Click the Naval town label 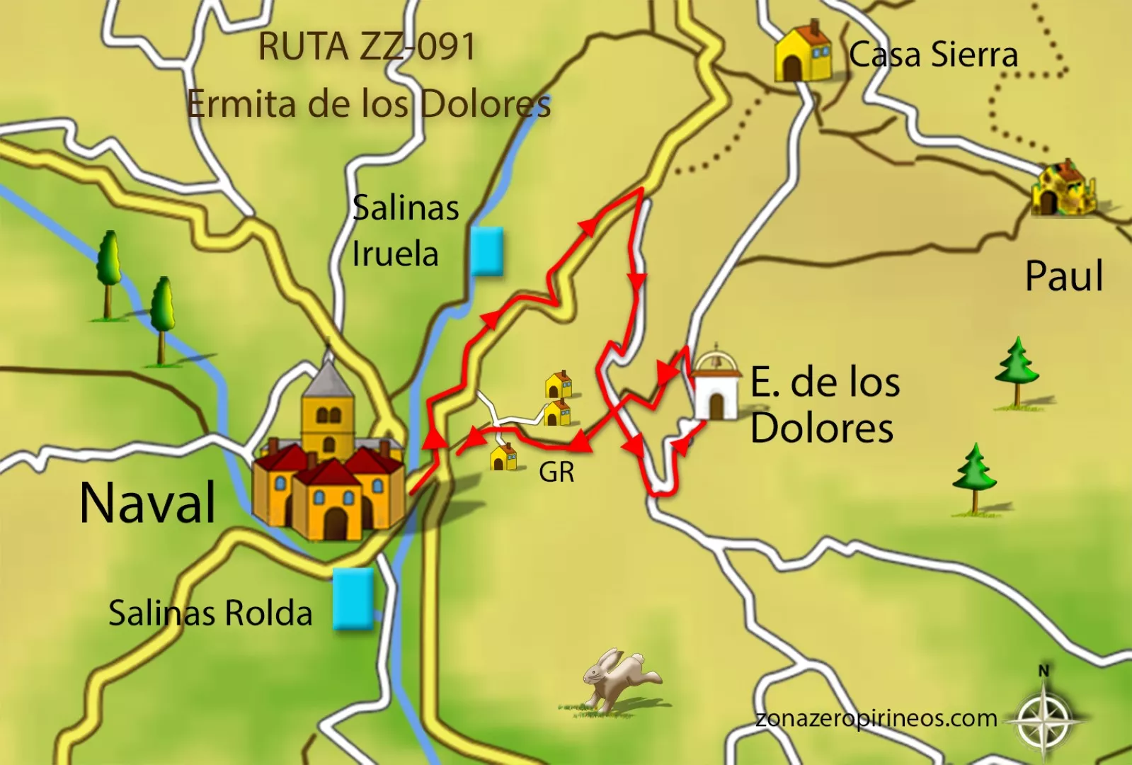tap(147, 502)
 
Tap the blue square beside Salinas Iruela tap(486, 251)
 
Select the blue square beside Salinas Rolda tap(353, 599)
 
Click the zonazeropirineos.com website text tap(876, 718)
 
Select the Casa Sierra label tap(933, 55)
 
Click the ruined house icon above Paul tap(1062, 188)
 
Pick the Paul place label tap(1063, 276)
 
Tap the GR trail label tap(556, 472)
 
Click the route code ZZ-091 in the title tap(418, 47)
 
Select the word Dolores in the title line tap(486, 105)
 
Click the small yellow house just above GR tap(504, 458)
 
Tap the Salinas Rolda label tap(210, 613)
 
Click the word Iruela tap(395, 254)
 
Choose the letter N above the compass tap(1044, 670)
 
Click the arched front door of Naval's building tap(335, 523)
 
